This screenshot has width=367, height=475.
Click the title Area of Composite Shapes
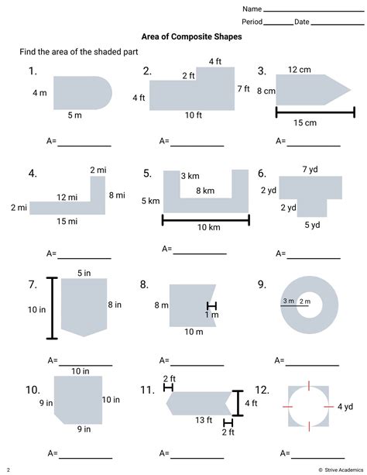(191, 37)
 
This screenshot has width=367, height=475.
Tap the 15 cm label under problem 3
(305, 122)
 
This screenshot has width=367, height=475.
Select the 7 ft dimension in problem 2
(243, 89)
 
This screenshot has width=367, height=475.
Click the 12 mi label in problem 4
(67, 198)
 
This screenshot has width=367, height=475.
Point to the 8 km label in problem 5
(205, 191)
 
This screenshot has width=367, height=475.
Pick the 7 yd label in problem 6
(310, 170)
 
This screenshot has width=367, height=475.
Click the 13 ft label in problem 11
(204, 420)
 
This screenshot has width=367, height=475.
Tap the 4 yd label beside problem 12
(345, 407)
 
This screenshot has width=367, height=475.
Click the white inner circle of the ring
(309, 305)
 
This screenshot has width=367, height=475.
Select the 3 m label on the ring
(288, 301)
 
